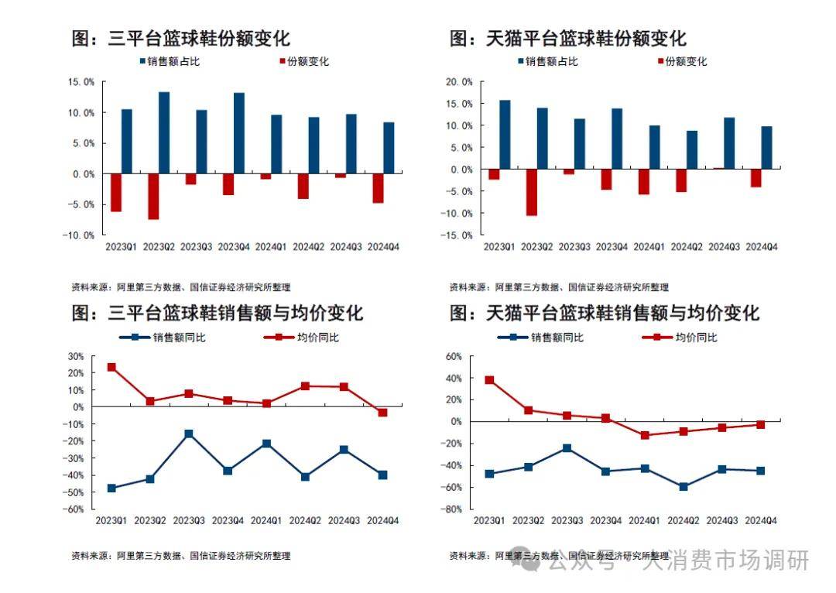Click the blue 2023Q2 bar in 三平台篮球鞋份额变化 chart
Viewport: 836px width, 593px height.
coord(164,132)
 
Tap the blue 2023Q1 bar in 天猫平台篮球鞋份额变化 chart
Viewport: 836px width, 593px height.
coord(505,134)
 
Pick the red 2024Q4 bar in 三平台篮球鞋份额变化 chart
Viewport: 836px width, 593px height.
coord(378,188)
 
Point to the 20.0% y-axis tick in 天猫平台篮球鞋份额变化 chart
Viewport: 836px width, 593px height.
coord(460,81)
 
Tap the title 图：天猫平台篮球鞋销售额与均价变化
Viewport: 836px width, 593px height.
coord(605,313)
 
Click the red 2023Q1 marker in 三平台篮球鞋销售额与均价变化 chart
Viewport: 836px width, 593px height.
coord(111,367)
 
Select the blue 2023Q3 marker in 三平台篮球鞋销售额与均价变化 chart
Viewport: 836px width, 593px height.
coord(189,434)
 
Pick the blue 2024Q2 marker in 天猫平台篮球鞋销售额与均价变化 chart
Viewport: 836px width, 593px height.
coord(683,487)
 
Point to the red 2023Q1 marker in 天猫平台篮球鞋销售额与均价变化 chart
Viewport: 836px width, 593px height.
coord(489,380)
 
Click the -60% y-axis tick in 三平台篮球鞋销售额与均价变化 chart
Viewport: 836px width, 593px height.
coord(76,509)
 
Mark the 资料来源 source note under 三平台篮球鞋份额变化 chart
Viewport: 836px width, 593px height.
coord(180,287)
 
